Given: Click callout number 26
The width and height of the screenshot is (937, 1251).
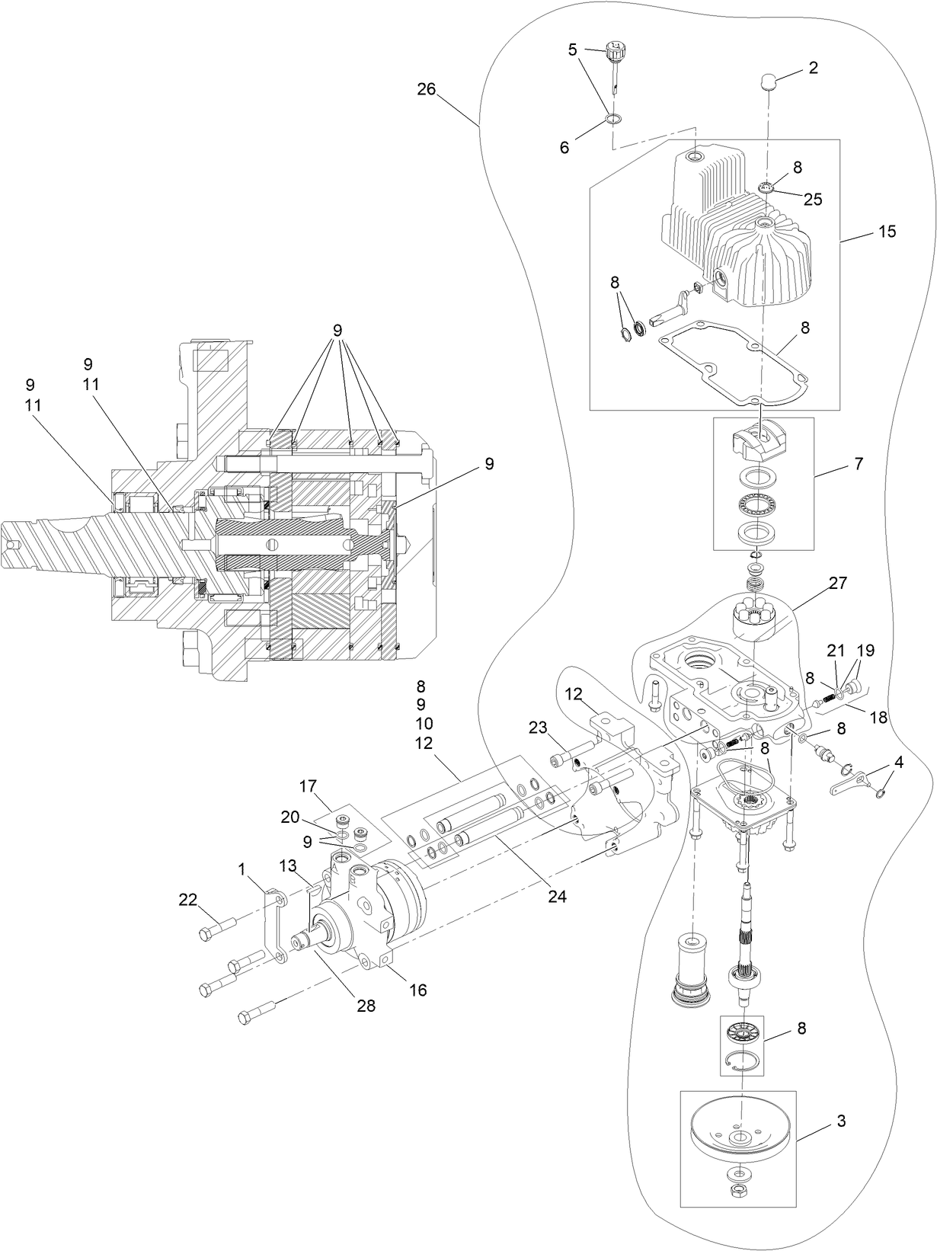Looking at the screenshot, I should [x=426, y=89].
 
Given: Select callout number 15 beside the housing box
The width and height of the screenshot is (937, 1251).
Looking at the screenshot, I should [x=887, y=230].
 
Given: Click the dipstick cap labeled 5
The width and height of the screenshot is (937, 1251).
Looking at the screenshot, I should [x=613, y=53].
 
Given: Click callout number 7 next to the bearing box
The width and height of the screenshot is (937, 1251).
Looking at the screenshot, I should [x=859, y=463].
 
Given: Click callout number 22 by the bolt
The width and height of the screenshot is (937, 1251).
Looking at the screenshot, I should [x=187, y=900].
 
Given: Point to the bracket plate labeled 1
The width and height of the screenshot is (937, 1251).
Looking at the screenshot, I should [x=273, y=929].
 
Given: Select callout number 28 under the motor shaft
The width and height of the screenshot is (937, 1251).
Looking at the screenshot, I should [x=366, y=1006].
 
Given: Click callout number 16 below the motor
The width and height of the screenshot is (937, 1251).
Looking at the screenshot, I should [x=418, y=990].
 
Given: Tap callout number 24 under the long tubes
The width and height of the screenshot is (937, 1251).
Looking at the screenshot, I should [x=558, y=896].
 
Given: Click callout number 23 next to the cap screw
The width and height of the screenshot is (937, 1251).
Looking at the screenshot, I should [x=538, y=728].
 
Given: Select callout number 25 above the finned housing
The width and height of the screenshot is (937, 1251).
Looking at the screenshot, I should [x=813, y=200].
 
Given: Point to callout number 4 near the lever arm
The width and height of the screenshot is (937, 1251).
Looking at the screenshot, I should [x=900, y=761].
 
